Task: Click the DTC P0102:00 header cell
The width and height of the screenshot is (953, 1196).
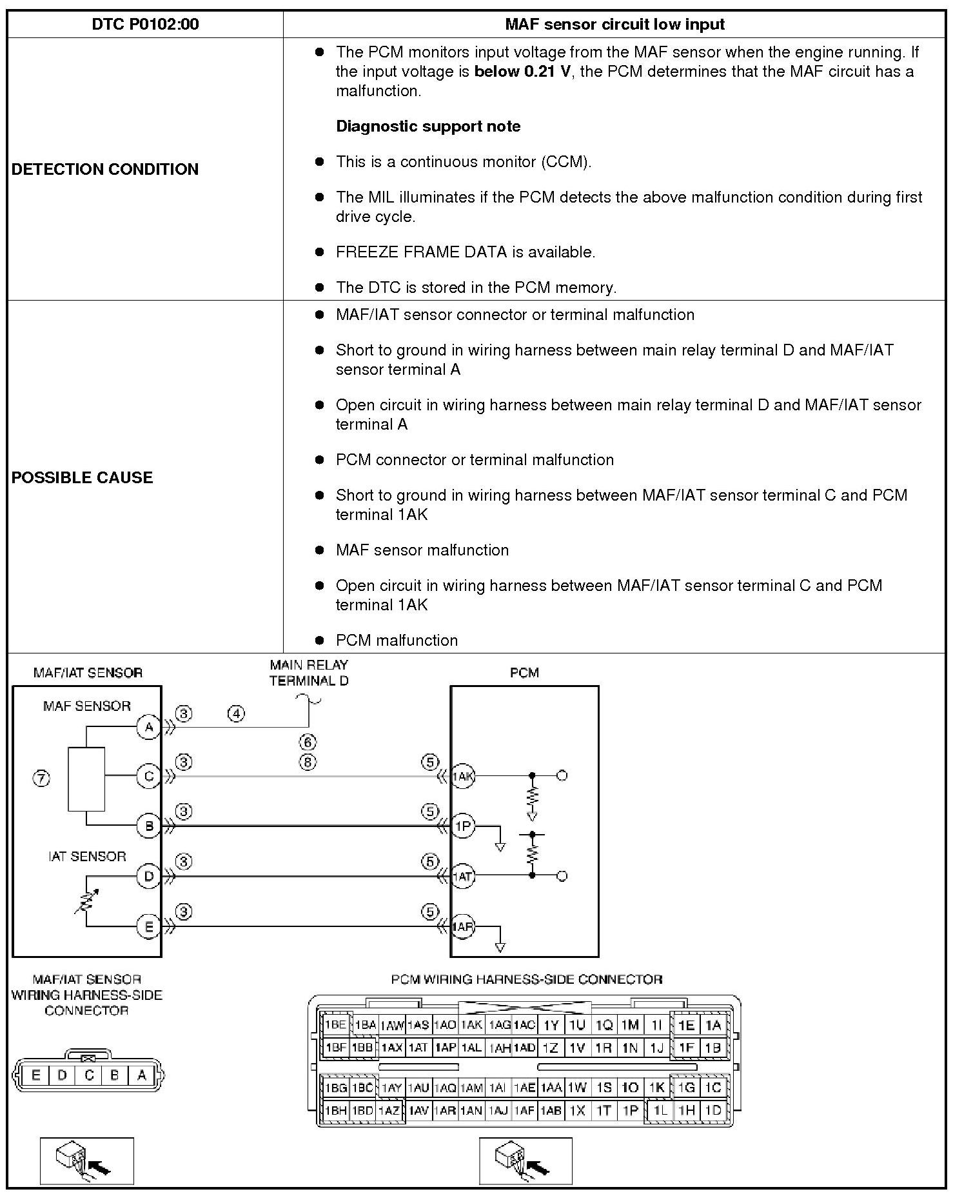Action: tap(145, 25)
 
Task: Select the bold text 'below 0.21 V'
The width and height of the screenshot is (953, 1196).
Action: tap(522, 72)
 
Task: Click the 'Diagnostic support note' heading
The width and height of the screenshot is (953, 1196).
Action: tap(428, 126)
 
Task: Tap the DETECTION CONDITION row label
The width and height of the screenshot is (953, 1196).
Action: tap(105, 169)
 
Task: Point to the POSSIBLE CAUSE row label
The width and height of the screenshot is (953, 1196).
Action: tap(83, 477)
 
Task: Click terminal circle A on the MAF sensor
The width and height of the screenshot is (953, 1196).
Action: tap(149, 727)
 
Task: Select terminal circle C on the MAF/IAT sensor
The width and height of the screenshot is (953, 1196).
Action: tap(149, 776)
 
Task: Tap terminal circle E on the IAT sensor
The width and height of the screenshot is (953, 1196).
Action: tap(149, 927)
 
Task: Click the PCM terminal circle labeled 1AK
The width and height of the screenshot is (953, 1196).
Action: tap(462, 776)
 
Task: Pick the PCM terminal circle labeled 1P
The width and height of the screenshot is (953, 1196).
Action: tap(462, 826)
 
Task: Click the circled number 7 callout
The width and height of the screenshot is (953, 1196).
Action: tap(41, 779)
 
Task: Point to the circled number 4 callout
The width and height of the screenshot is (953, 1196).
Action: tap(237, 713)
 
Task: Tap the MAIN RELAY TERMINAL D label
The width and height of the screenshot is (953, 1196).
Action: tap(309, 672)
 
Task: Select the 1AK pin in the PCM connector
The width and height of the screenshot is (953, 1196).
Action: tap(471, 1025)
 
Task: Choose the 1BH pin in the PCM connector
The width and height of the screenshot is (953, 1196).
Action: tap(335, 1110)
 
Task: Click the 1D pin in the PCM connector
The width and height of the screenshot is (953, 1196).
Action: tap(712, 1110)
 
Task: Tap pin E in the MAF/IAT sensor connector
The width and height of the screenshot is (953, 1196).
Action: tap(35, 1075)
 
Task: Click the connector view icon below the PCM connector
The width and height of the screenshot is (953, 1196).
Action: tap(526, 1161)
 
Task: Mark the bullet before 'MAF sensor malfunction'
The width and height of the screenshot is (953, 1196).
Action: tap(319, 550)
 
